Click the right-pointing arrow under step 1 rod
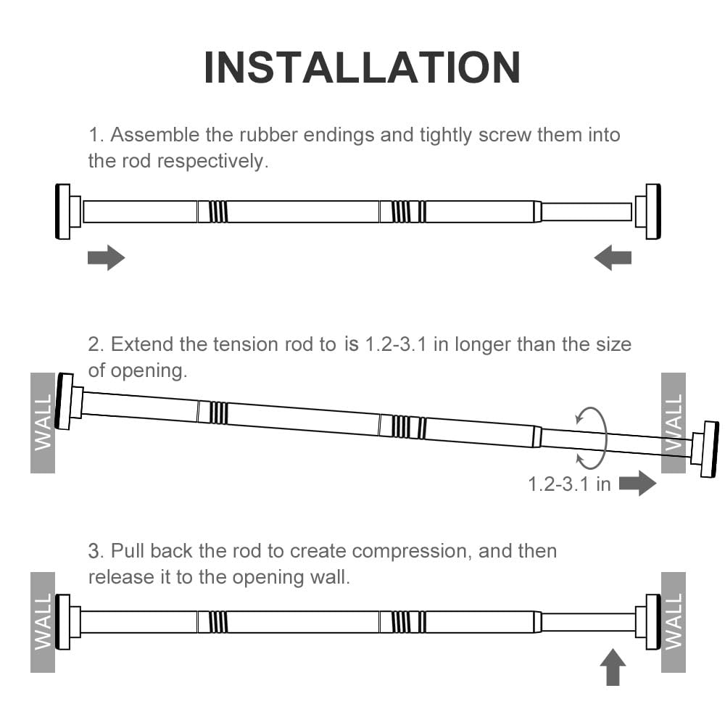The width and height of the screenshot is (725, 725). [x=106, y=257]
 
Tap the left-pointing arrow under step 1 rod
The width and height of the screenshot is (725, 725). [x=613, y=257]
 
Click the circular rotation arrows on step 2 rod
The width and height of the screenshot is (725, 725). [x=591, y=438]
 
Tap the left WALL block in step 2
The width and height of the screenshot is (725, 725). [x=43, y=423]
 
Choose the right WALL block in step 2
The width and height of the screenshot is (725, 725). [x=674, y=423]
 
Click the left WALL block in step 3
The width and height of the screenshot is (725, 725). [x=43, y=622]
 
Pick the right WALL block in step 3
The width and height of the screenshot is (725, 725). [x=674, y=622]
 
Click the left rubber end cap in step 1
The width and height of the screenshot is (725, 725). [x=64, y=211]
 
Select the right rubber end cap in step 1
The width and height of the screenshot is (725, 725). [x=652, y=211]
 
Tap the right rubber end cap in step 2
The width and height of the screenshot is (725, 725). [x=708, y=449]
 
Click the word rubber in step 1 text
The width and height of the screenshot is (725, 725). [x=271, y=135]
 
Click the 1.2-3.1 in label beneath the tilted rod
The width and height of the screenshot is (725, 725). [x=569, y=484]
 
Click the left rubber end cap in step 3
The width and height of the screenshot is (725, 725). [x=64, y=622]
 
